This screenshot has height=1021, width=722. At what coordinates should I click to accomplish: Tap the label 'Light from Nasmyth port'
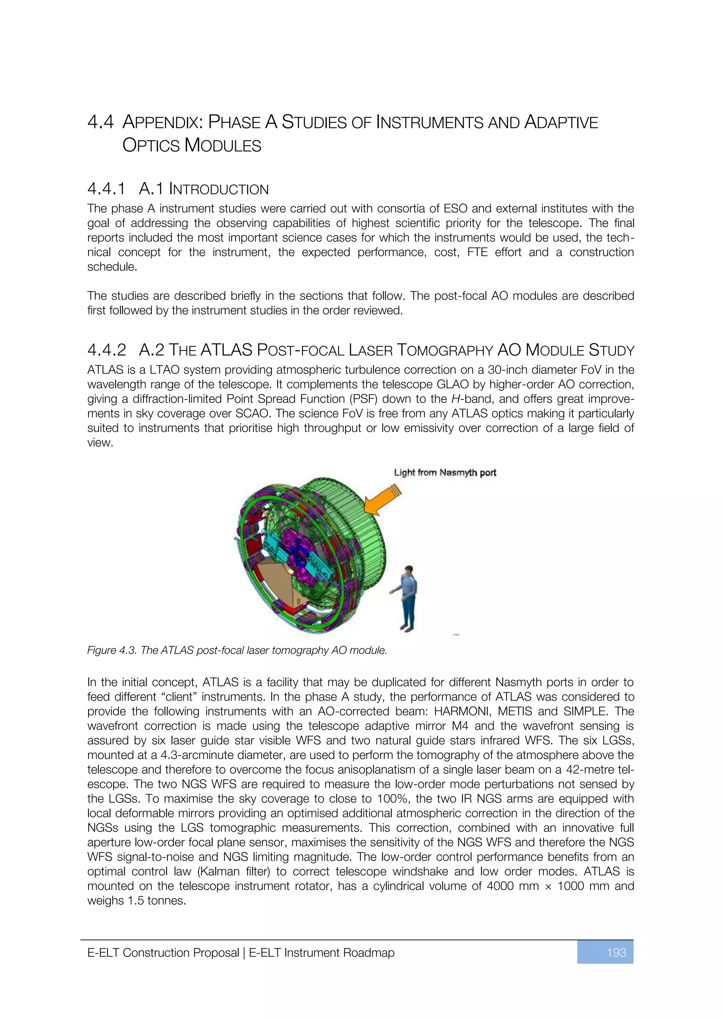445,472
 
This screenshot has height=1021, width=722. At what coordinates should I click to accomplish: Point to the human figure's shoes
406,628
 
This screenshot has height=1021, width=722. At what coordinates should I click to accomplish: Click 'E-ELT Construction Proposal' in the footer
163,953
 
